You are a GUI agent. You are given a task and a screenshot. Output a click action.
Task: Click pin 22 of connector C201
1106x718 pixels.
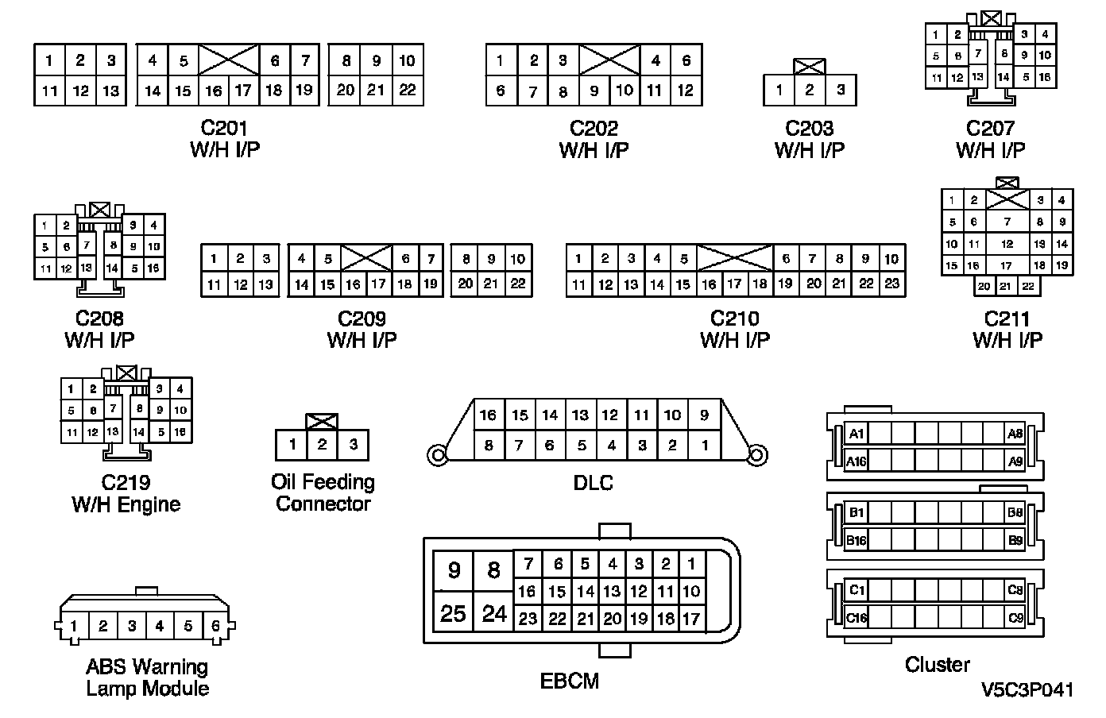[x=407, y=90]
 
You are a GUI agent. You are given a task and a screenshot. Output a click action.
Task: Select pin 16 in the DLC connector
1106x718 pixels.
[x=488, y=415]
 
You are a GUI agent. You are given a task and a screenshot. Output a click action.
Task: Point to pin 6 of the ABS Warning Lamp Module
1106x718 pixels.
[x=215, y=626]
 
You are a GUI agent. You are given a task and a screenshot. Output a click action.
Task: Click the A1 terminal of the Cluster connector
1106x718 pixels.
[x=857, y=434]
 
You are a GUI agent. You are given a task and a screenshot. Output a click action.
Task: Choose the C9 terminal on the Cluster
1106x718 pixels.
[x=1015, y=617]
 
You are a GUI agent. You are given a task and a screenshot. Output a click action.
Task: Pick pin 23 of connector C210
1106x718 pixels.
[x=891, y=284]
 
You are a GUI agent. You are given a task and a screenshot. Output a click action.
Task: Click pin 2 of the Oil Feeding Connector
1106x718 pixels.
[x=322, y=444]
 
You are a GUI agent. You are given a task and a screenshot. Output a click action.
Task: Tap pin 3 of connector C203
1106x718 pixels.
[x=841, y=90]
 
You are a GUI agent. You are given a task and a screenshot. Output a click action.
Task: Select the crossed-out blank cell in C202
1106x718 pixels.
[x=609, y=60]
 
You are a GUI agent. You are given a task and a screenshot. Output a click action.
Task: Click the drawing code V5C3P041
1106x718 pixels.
[x=1027, y=689]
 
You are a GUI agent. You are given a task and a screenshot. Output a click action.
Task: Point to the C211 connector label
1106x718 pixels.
[x=1007, y=318]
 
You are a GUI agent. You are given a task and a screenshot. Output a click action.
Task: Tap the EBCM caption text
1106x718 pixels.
[x=570, y=681]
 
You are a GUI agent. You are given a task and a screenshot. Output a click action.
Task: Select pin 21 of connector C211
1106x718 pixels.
[x=1006, y=287]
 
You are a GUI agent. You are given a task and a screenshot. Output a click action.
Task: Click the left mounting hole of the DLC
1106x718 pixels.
[x=436, y=456]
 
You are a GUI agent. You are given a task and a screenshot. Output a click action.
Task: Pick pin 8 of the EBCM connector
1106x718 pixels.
[x=493, y=570]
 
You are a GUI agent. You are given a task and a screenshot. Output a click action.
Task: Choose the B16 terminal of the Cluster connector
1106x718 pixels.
[x=857, y=541]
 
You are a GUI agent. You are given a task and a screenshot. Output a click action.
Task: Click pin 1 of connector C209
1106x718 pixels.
[x=214, y=259]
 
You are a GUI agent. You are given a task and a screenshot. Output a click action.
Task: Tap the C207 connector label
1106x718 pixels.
[x=990, y=128]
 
